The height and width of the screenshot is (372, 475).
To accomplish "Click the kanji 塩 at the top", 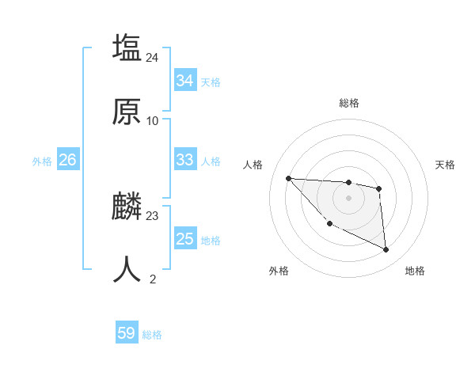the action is click(x=127, y=47).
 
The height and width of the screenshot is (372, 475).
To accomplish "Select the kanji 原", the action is click(x=127, y=112).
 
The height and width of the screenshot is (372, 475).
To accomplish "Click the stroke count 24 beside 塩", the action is click(x=153, y=57).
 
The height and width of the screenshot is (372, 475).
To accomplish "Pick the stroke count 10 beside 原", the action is click(x=153, y=121).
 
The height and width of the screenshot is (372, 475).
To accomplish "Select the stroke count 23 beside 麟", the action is click(x=153, y=215).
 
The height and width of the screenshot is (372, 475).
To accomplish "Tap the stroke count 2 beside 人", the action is click(x=153, y=279).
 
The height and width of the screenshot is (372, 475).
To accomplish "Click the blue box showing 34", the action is click(x=184, y=81).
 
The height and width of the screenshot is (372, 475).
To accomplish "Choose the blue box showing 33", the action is click(x=184, y=160).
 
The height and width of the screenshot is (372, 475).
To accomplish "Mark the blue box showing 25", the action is click(x=184, y=239).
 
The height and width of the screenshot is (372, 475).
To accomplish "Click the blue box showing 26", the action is click(x=67, y=160).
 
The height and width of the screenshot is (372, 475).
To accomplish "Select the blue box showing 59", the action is click(x=127, y=333).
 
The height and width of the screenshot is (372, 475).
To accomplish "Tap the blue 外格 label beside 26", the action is click(x=42, y=161).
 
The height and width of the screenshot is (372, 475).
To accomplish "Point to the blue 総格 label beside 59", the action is click(x=152, y=335).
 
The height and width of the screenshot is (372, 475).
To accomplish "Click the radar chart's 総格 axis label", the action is click(x=348, y=103).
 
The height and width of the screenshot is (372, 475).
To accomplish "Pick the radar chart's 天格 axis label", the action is click(x=445, y=165).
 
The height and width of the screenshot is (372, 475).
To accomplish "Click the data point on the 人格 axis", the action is click(x=288, y=178).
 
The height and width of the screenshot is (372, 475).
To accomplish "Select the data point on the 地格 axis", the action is click(x=386, y=250).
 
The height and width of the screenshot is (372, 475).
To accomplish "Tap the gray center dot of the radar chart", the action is click(x=348, y=197).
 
